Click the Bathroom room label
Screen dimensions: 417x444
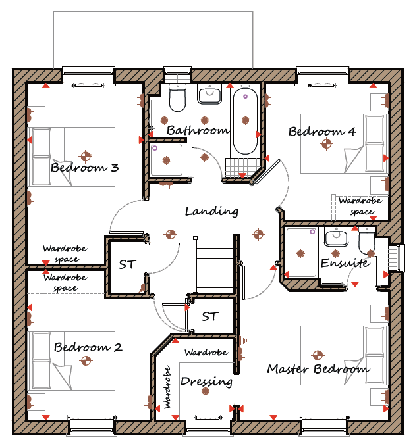click(x=198, y=130)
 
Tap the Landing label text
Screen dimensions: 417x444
click(x=211, y=212)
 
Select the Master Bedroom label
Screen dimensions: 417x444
click(x=319, y=368)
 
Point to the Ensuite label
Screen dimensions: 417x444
click(x=345, y=263)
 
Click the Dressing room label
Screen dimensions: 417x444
click(x=206, y=381)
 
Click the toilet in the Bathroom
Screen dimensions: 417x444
click(x=178, y=97)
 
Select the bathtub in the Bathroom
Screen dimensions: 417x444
click(x=245, y=121)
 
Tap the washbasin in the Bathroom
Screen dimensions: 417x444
click(x=209, y=95)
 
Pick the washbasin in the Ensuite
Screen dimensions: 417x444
click(x=336, y=237)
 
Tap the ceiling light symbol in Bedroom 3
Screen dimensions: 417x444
click(x=86, y=156)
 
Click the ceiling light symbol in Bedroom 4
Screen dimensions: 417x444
click(x=326, y=144)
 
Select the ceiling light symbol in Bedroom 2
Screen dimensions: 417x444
click(x=86, y=360)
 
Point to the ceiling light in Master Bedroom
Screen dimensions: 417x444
click(x=318, y=355)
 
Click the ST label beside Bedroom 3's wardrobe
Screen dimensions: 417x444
click(x=128, y=264)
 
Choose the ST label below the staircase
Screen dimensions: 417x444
click(x=210, y=316)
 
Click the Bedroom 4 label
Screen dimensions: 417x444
click(x=322, y=132)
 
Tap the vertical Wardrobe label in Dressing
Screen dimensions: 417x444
click(x=167, y=387)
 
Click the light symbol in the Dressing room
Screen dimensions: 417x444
click(x=205, y=391)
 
